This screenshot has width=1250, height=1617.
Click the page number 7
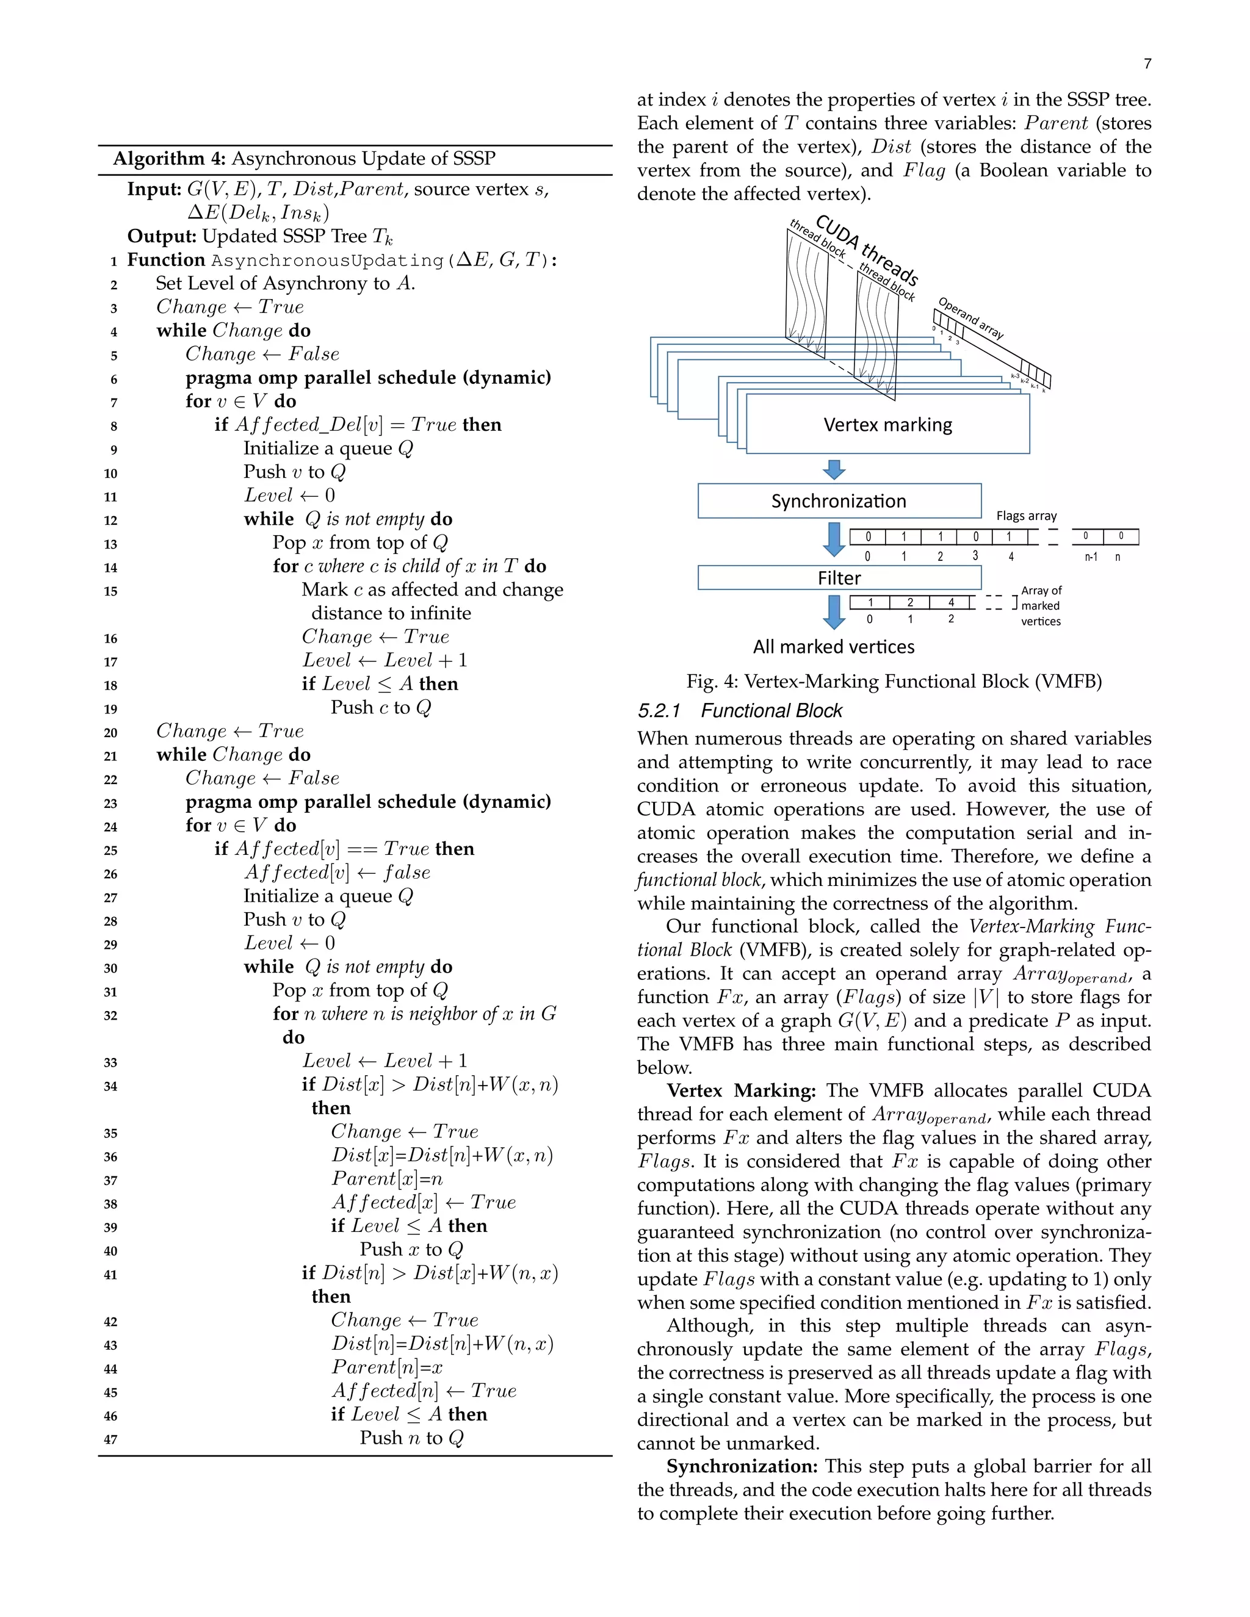[x=1147, y=63]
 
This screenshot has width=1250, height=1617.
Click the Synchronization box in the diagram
[x=839, y=501]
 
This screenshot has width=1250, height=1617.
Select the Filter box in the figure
[x=839, y=577]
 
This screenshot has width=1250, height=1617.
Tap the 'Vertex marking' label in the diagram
[x=888, y=425]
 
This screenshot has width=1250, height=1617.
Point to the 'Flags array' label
[x=1027, y=516]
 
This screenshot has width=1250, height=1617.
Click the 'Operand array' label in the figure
[x=971, y=319]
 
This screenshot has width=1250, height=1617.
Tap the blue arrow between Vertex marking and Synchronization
[x=834, y=469]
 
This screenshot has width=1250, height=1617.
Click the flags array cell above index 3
[x=975, y=537]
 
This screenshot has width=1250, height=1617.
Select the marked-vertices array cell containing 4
[x=951, y=603]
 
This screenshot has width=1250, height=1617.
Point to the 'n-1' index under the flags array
[x=1091, y=556]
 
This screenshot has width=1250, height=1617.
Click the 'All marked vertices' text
[x=833, y=647]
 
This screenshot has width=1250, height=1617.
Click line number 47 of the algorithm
[x=110, y=1439]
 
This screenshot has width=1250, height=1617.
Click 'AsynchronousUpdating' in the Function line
[x=326, y=261]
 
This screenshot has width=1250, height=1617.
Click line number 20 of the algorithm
[x=110, y=732]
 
